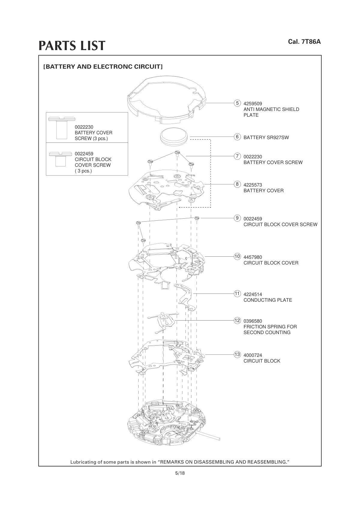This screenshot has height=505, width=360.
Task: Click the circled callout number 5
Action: coord(237,103)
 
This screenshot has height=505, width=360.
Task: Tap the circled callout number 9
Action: coord(237,218)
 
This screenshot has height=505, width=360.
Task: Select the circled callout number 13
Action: coord(237,354)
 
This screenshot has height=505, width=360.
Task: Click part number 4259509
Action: coord(253,104)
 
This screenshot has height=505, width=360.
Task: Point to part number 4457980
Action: coord(253,257)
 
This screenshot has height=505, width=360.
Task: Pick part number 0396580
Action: coord(253,321)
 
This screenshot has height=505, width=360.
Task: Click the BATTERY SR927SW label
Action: coord(266,138)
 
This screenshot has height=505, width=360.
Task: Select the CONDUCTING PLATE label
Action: coord(268,300)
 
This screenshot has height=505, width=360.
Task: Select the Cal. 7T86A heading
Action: coord(304,42)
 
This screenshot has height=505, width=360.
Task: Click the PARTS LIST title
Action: coord(72,46)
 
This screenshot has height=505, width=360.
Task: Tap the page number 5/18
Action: coord(180,473)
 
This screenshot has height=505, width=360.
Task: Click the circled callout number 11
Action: coord(237,294)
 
